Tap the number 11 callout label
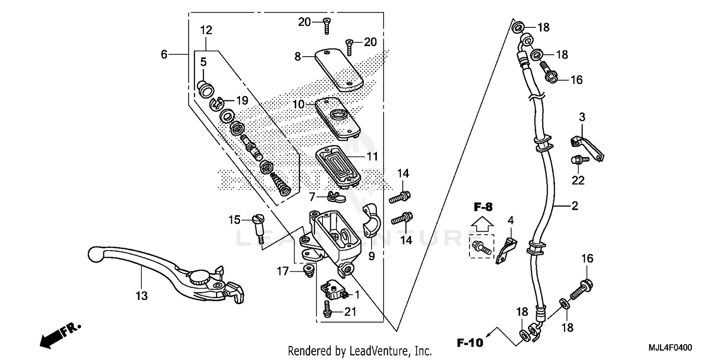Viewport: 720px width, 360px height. tap(372, 156)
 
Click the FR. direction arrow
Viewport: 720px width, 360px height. tap(58, 335)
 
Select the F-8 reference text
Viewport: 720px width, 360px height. tap(483, 208)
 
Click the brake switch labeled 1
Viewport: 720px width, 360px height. tap(334, 289)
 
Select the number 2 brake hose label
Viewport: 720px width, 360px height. tap(574, 206)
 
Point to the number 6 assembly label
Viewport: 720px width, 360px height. tap(164, 55)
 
